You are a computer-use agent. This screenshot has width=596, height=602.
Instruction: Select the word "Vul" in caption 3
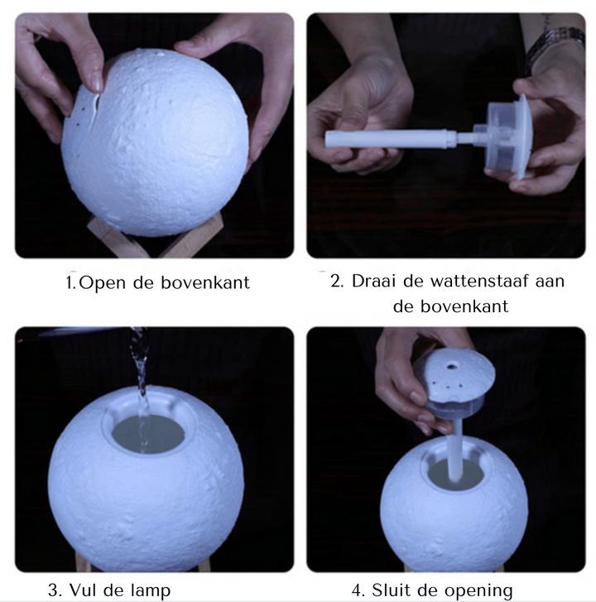[x=86, y=590]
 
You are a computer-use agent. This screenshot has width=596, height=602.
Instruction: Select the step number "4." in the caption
[x=358, y=590]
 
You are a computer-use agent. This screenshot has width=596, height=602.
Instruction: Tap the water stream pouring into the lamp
[x=140, y=373]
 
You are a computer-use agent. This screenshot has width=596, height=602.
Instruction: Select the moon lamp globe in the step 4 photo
[x=454, y=509]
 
